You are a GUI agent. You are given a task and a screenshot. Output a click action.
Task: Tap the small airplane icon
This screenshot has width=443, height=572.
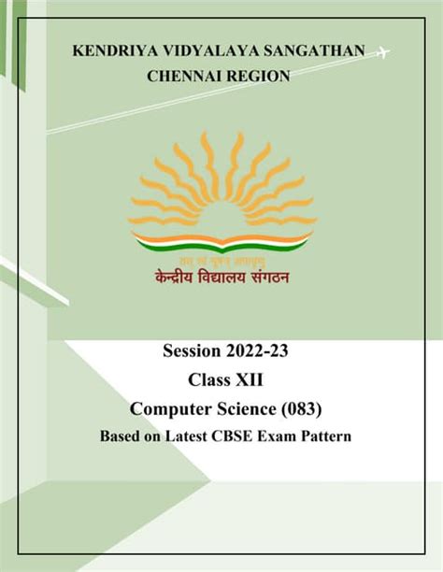[x=381, y=52]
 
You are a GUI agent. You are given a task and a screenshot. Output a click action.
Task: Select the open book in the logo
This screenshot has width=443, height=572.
[x=221, y=245]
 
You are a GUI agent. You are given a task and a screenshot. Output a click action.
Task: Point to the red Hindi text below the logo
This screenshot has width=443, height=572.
[x=221, y=277]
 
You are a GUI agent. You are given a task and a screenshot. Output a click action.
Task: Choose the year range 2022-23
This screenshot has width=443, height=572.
[x=268, y=352]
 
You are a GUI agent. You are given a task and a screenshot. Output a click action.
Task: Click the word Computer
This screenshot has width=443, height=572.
[x=171, y=408]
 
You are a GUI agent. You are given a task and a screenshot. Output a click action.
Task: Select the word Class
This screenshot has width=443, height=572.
[x=207, y=380]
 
